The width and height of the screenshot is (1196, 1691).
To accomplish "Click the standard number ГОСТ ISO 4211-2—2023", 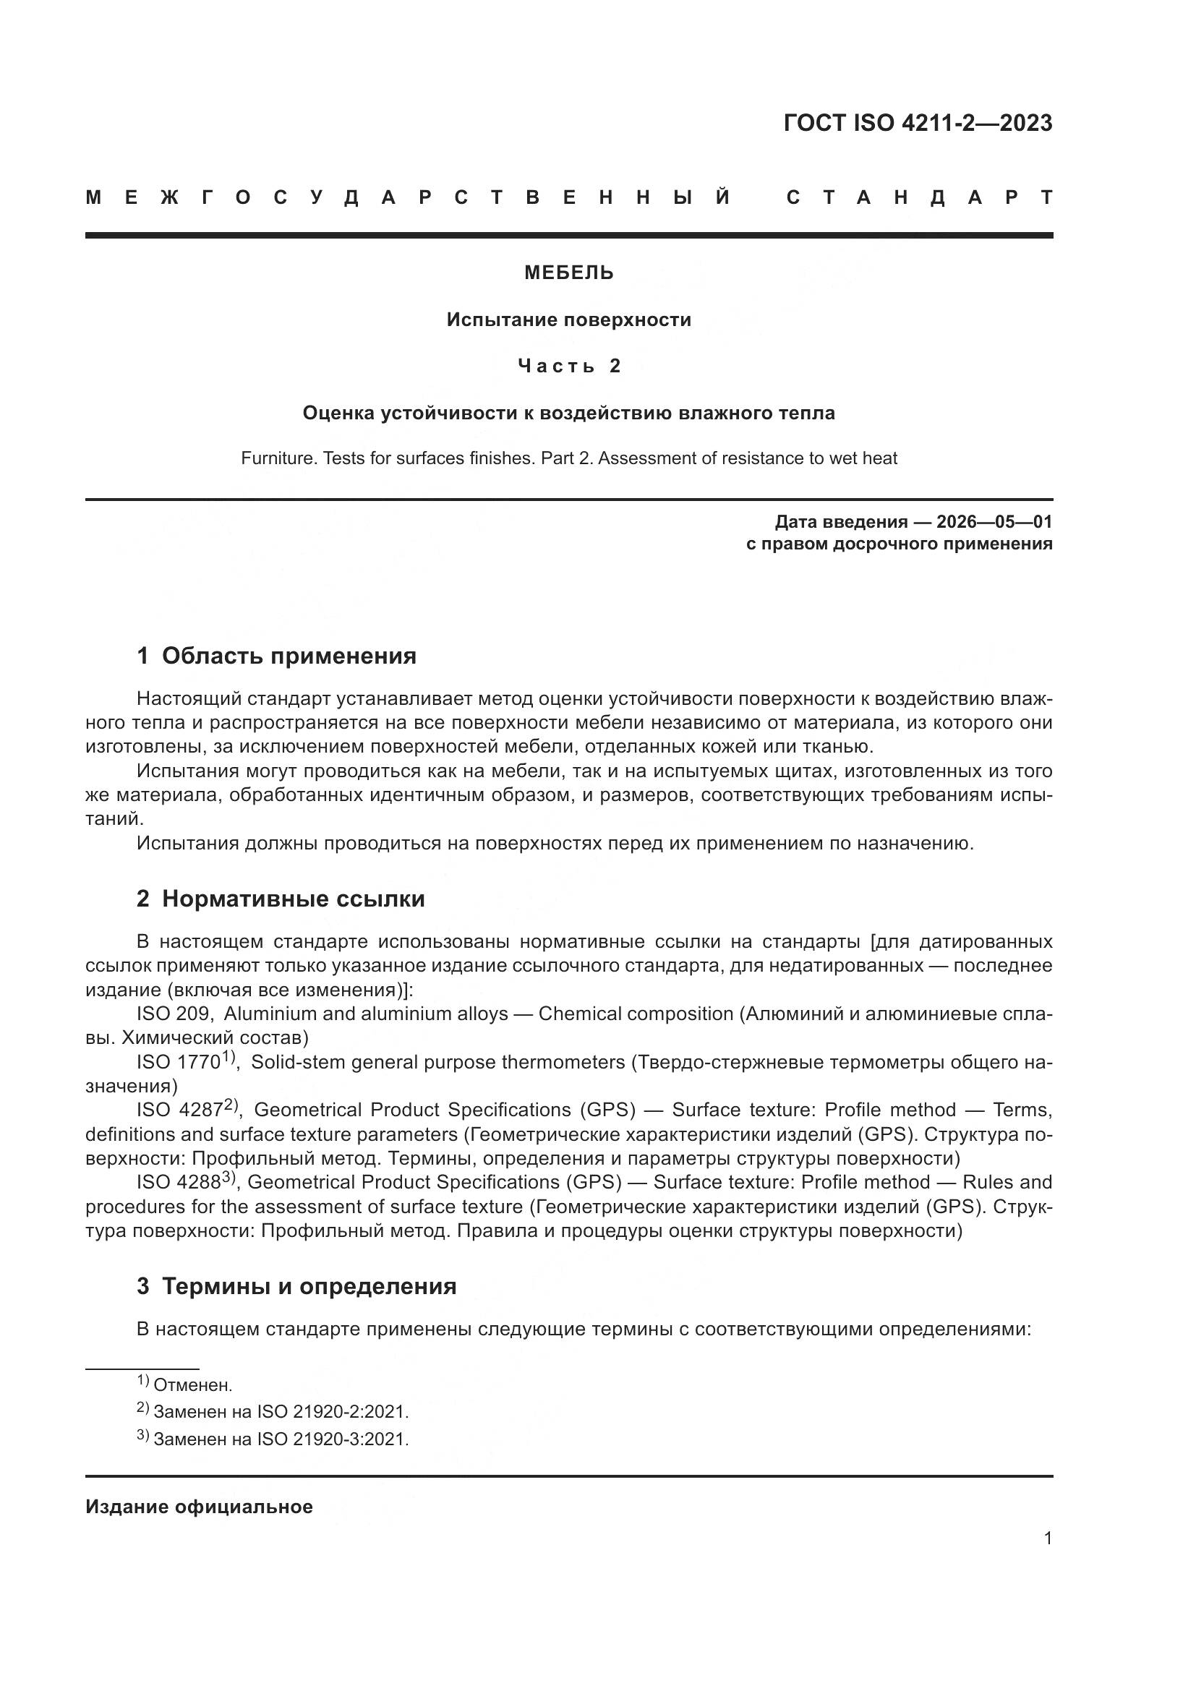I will click(918, 123).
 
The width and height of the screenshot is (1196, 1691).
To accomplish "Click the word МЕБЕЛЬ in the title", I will click(568, 273).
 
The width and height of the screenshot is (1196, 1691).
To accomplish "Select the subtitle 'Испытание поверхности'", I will click(568, 320).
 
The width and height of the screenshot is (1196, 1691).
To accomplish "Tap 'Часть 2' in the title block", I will click(568, 366).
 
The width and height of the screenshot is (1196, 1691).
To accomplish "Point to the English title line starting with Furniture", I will click(568, 458).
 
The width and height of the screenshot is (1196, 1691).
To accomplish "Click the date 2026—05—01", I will click(994, 522).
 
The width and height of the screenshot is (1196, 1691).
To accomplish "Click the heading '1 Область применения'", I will click(276, 656).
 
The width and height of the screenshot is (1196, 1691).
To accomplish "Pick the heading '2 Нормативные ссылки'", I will click(281, 899).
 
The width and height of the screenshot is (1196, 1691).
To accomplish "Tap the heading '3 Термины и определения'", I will click(296, 1286).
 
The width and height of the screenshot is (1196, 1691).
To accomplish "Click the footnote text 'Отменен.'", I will click(192, 1385).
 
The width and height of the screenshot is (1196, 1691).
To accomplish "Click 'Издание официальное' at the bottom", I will click(199, 1507).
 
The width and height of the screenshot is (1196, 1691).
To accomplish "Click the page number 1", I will click(1047, 1538).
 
